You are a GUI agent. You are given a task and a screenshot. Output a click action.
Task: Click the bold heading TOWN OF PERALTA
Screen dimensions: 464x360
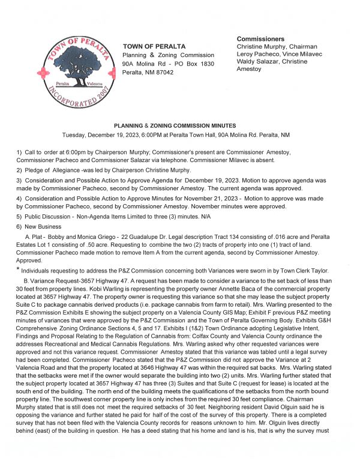(154, 47)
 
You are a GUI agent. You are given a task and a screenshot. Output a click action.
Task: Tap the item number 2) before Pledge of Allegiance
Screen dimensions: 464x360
(19, 170)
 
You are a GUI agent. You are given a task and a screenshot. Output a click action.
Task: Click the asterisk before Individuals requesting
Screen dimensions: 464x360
(18, 270)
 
